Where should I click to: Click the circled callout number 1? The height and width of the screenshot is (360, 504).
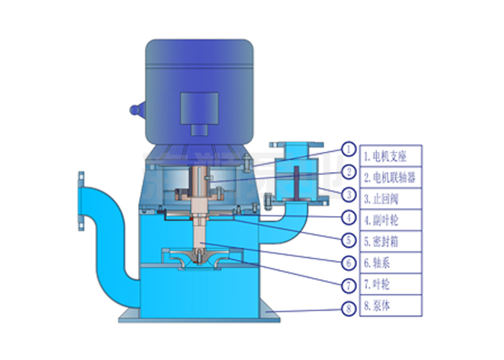coord(348,149)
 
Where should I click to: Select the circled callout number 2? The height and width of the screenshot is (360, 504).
coord(348,172)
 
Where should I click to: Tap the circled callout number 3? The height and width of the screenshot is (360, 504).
coord(348,194)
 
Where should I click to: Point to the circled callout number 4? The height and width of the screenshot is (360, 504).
coord(348,217)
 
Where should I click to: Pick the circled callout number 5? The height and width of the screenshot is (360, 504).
coord(348,240)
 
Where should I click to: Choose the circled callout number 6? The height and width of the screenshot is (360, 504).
coord(348,264)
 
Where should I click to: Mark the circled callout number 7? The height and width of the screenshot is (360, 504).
coord(348,285)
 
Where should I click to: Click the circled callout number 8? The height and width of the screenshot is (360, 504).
coord(348,309)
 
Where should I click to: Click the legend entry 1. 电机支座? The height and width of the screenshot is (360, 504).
coord(384,156)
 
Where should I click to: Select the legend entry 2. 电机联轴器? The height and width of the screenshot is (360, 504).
coord(390,177)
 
